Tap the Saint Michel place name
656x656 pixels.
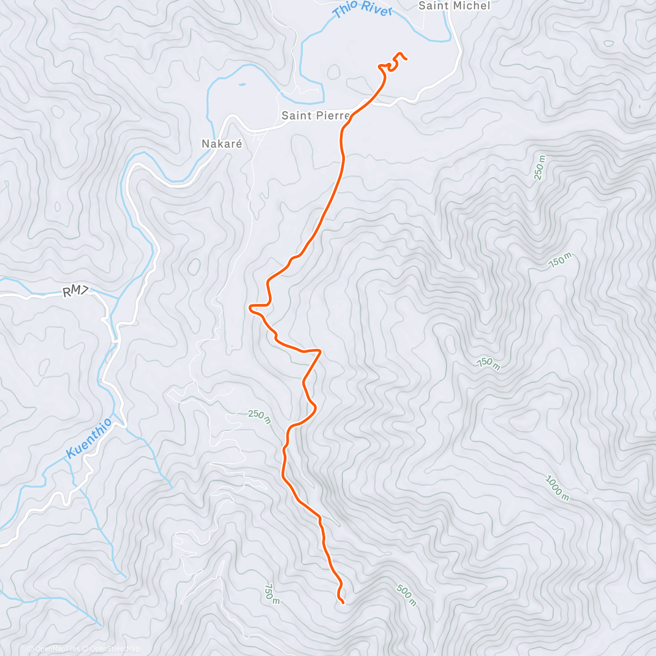click(454, 6)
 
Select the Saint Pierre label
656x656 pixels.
click(315, 115)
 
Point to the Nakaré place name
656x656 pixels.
click(221, 144)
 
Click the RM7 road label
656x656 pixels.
click(75, 292)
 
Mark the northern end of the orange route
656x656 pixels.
click(406, 58)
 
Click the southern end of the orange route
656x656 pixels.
click(343, 603)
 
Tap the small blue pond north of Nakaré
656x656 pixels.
click(241, 85)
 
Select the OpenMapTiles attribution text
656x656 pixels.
click(57, 649)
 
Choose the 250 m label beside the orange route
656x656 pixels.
click(259, 417)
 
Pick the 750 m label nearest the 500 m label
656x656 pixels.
click(272, 594)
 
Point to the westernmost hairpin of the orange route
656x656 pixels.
click(251, 308)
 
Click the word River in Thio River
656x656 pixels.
click(377, 10)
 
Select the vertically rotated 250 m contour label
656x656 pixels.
click(540, 168)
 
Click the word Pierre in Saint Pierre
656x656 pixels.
click(332, 115)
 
